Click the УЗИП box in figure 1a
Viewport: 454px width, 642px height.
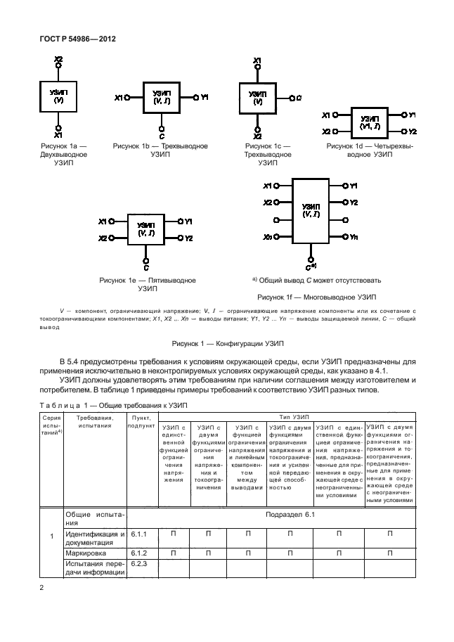click(58, 97)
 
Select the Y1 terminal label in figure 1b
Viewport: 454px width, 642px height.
click(204, 97)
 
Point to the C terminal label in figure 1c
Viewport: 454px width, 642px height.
click(299, 98)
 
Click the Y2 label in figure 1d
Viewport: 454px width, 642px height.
click(413, 131)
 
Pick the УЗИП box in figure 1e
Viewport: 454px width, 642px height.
click(146, 229)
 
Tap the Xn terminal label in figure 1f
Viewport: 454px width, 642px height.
click(268, 238)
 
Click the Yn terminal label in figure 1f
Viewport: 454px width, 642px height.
click(354, 238)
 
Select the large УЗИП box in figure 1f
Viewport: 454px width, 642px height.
click(311, 212)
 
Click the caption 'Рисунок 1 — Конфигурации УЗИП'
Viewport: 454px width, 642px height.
click(226, 344)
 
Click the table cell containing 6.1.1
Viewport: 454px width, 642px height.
click(139, 534)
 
